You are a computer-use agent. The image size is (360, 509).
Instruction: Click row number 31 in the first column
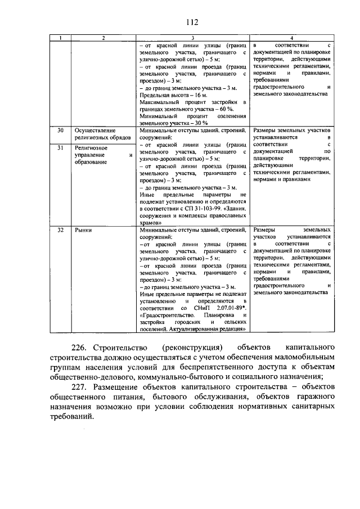(x=61, y=147)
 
